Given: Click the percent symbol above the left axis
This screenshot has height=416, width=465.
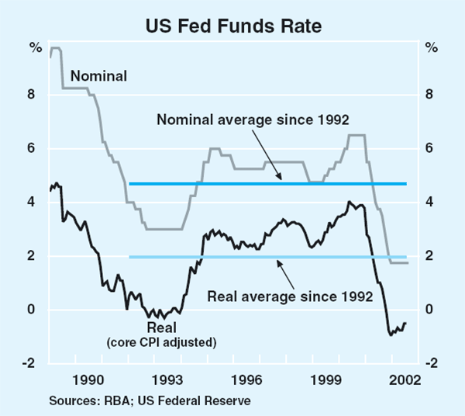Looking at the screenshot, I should click(x=35, y=47).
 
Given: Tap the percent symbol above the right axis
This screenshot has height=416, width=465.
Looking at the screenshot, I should click(x=431, y=47).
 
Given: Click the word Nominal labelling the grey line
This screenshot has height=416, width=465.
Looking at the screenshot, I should click(x=98, y=75).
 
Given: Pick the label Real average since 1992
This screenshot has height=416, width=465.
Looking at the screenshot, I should click(x=294, y=296).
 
